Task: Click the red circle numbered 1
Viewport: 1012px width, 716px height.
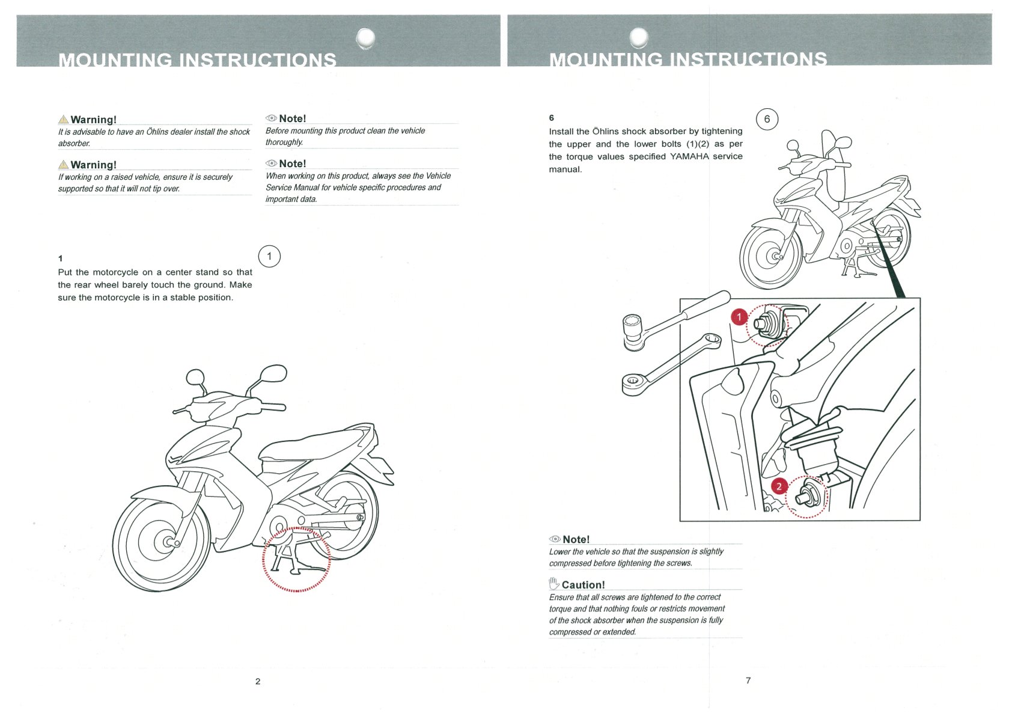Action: [x=739, y=317]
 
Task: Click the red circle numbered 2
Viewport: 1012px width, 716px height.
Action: [x=779, y=486]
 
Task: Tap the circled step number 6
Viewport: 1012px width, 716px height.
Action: [x=767, y=119]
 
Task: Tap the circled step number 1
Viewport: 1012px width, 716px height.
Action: [x=269, y=257]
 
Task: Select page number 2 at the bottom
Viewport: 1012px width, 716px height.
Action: [x=258, y=681]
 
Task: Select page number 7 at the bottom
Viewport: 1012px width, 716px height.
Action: [x=748, y=681]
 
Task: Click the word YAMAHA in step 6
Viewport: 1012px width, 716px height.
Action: [x=689, y=156]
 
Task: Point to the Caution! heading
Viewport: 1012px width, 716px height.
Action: [x=583, y=585]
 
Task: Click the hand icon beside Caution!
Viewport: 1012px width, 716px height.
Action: [x=554, y=583]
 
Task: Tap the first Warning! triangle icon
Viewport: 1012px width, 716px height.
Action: [x=64, y=120]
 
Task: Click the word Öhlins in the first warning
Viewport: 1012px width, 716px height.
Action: [x=157, y=132]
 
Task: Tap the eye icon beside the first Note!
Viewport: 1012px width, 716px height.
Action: [x=271, y=118]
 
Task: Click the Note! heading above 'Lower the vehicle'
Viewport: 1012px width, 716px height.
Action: [x=576, y=540]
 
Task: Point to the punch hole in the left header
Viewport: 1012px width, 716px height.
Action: [x=365, y=38]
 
